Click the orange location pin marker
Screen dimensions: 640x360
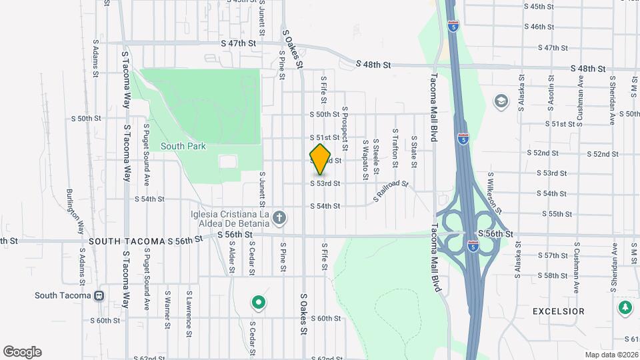click(321, 159)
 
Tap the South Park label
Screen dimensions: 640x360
click(183, 146)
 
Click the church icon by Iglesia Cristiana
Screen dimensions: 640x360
click(281, 217)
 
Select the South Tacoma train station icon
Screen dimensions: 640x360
click(99, 295)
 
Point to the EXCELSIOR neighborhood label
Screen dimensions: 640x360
click(558, 311)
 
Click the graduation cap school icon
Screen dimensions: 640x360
click(500, 101)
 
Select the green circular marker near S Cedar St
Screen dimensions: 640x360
click(258, 303)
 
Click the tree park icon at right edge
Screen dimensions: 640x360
click(625, 307)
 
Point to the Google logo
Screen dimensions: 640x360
click(22, 352)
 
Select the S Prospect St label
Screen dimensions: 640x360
click(345, 127)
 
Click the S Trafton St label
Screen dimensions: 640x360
click(395, 144)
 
